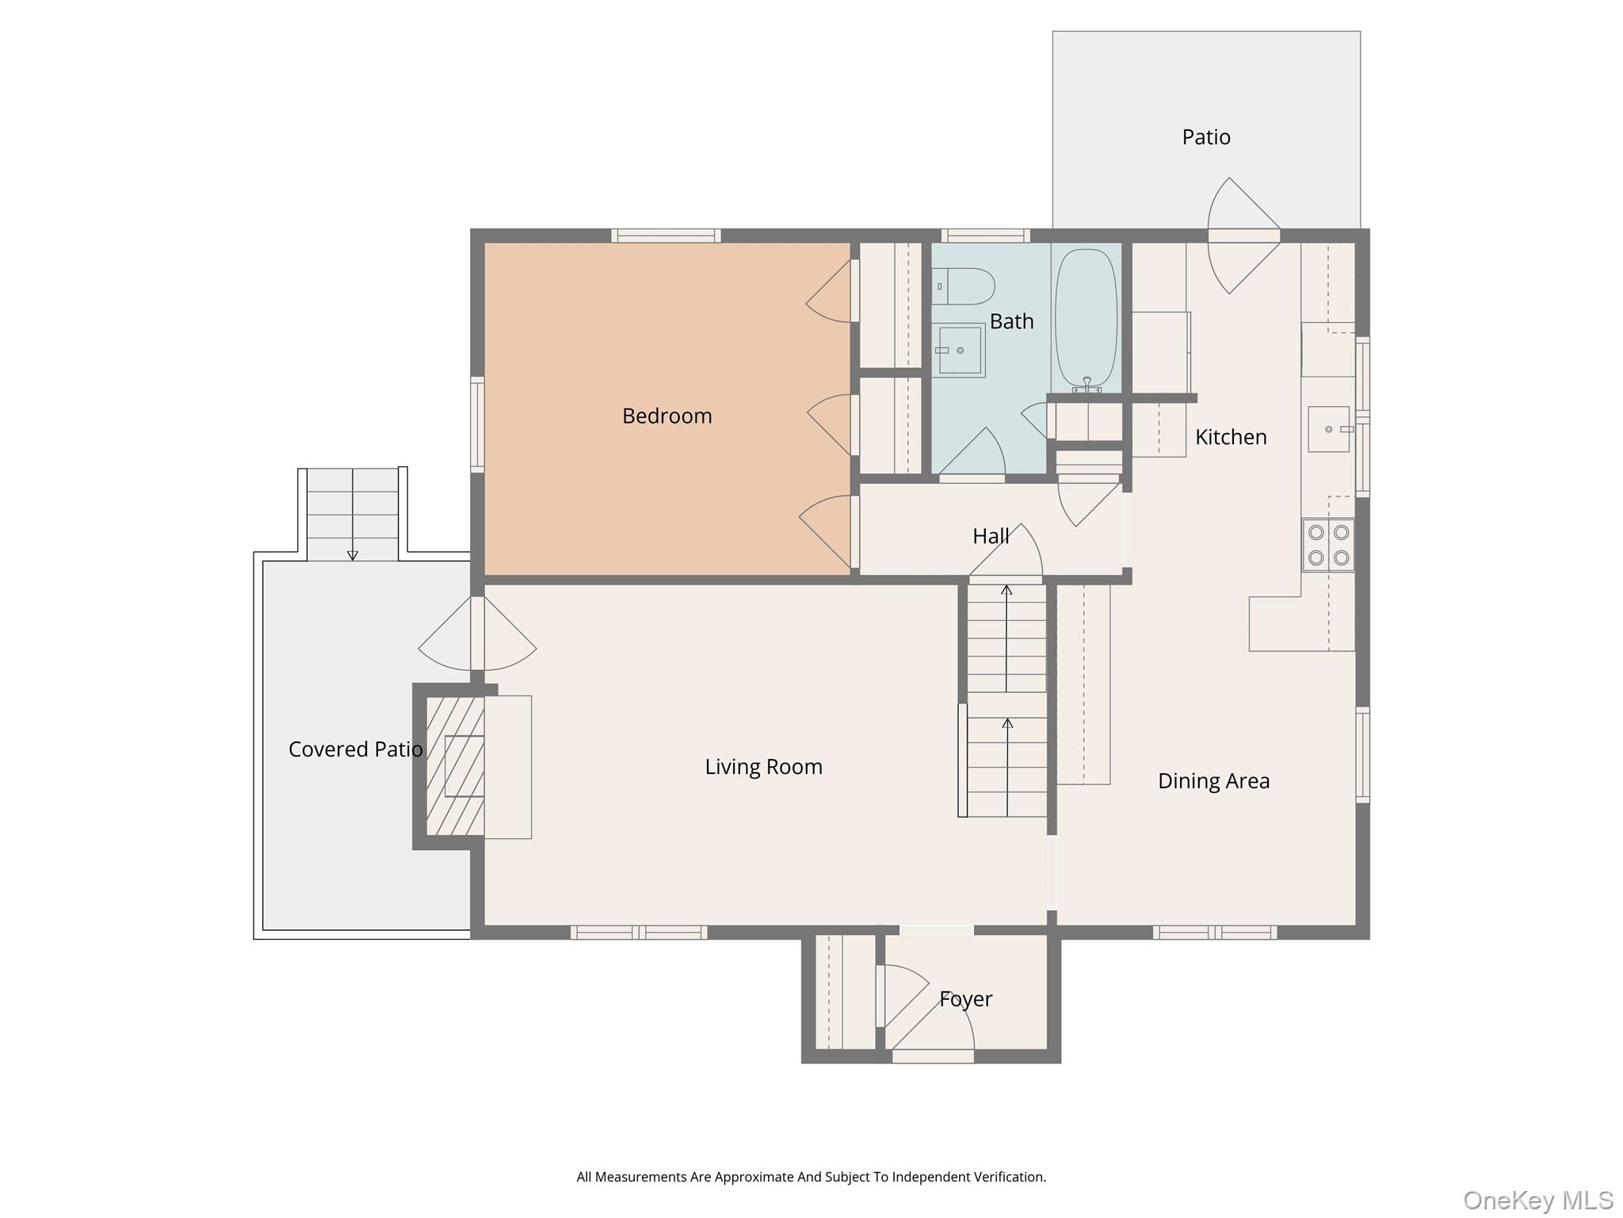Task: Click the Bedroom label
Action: tap(666, 416)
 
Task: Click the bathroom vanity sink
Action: tap(960, 350)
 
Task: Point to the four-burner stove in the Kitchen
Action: tap(1328, 545)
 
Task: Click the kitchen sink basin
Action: tap(1328, 429)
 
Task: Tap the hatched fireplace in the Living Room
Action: tap(455, 766)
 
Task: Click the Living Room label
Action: tap(763, 767)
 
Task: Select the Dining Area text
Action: tap(1213, 781)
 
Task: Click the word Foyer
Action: tap(965, 999)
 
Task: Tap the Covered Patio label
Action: tap(355, 749)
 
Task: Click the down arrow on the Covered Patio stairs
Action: tap(353, 555)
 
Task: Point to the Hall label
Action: tap(991, 536)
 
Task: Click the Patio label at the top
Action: tap(1205, 137)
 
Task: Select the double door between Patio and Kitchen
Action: tap(1243, 236)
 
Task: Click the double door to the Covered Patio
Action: tap(477, 634)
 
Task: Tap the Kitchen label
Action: tap(1230, 437)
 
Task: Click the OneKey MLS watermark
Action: tap(1537, 1200)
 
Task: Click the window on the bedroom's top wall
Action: tap(666, 236)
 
